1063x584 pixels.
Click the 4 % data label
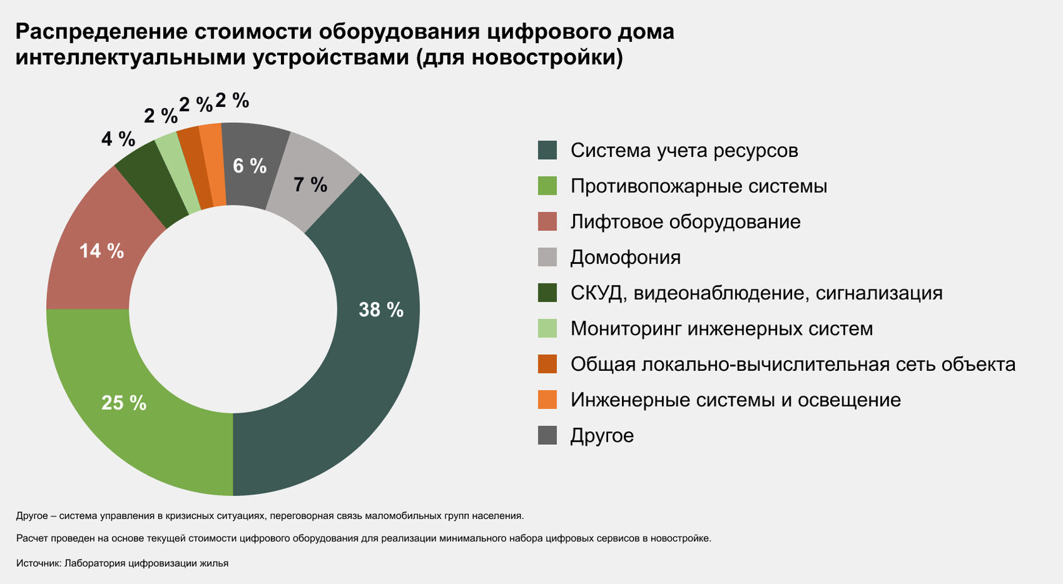click(118, 139)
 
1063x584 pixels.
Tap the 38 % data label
click(381, 309)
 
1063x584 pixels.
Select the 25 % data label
click(124, 402)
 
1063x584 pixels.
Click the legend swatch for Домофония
click(547, 258)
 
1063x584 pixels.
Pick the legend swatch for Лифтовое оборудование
click(547, 221)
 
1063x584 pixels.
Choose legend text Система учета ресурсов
click(684, 151)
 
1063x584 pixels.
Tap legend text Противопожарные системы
click(699, 186)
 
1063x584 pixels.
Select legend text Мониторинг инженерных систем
click(721, 328)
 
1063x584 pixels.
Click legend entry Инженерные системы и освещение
click(735, 400)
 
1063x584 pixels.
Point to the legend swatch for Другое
click(547, 435)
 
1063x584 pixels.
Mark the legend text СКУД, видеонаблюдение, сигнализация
click(756, 293)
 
